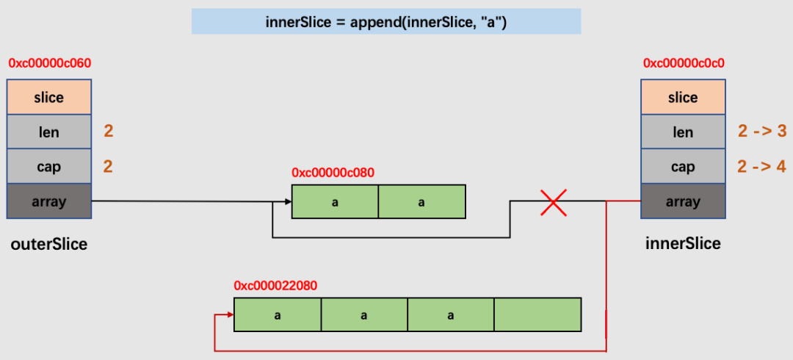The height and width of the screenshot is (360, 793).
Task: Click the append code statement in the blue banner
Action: coord(386,22)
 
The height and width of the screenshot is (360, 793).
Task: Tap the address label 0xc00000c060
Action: coord(50,63)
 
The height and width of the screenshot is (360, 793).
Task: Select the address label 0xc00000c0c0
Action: coord(684,63)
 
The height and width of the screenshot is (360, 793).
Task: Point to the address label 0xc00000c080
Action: coord(333,173)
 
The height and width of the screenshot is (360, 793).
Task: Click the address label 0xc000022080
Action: coord(275,286)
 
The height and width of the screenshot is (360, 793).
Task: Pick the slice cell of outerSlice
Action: coord(49,97)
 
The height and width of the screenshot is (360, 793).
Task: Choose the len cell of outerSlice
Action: coord(49,132)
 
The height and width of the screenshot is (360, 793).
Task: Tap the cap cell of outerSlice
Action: coord(49,166)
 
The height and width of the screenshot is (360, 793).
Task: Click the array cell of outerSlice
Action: coord(49,201)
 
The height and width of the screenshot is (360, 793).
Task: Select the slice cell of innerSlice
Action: coord(684,97)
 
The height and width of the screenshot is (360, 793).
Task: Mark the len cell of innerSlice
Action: coord(684,132)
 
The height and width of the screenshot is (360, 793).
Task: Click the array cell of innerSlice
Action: coord(684,201)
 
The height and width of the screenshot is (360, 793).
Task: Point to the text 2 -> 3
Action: coord(762,132)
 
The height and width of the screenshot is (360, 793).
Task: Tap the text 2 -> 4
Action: coord(762,166)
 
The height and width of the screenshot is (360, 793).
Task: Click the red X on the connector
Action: coord(554,202)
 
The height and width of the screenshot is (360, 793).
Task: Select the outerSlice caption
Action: coord(49,244)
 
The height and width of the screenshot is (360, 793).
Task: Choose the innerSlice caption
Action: coord(684,243)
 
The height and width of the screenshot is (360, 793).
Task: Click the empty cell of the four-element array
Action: coord(537,315)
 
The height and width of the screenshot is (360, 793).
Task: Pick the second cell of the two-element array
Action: coord(421,202)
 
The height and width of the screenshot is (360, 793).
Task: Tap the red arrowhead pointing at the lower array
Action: coord(231,315)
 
